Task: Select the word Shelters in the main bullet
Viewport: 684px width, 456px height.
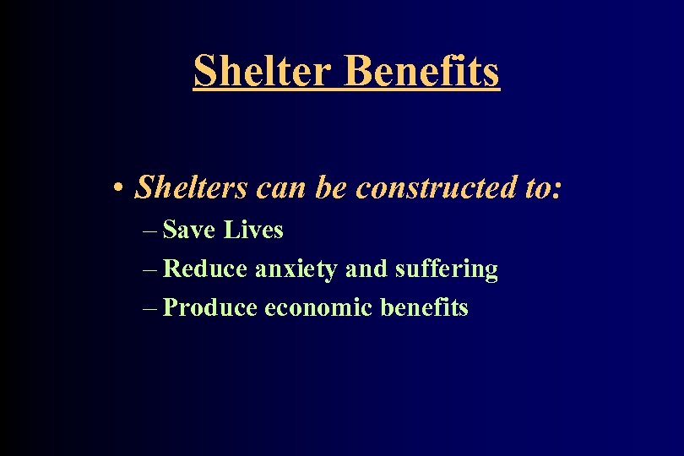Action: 191,187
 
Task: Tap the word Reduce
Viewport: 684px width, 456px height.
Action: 205,269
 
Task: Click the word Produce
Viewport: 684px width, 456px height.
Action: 209,307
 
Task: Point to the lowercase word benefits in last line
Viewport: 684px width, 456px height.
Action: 424,307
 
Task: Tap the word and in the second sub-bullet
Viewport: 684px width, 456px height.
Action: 366,269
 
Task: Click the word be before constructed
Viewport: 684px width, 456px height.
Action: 332,187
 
